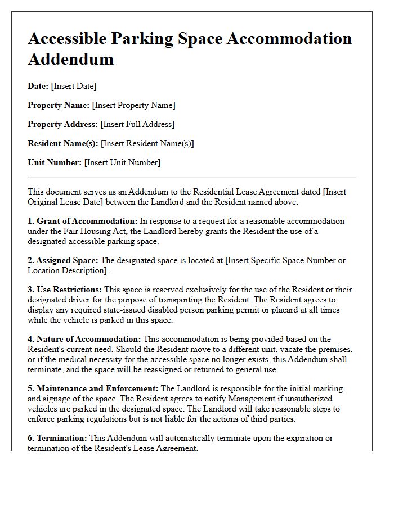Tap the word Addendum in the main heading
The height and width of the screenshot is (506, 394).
tap(70, 58)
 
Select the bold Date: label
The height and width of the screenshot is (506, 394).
tap(38, 86)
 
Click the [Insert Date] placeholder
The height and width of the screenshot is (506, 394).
tap(74, 86)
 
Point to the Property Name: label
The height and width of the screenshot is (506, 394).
tap(59, 105)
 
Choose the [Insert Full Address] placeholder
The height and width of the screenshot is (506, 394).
tap(137, 124)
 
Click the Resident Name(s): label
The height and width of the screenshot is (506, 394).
tap(63, 143)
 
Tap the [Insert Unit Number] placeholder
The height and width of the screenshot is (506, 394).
tap(122, 162)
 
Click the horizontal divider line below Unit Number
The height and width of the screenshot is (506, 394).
tap(191, 177)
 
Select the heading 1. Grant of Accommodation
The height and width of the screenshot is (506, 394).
tap(83, 221)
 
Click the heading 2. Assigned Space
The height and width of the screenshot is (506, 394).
tap(63, 260)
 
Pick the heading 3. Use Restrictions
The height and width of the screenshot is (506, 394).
tap(65, 290)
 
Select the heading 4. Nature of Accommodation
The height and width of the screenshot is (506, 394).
tap(84, 339)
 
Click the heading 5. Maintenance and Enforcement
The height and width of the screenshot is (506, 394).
tap(93, 388)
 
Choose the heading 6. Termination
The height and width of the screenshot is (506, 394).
tap(57, 438)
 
